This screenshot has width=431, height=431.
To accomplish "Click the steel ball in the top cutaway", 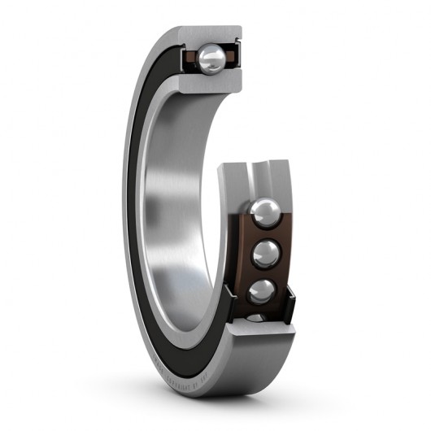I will [212, 59].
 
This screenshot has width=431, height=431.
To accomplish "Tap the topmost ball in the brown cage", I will [265, 213].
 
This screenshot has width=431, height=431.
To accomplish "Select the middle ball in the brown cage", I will [264, 255].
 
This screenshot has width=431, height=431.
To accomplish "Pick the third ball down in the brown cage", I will [262, 291].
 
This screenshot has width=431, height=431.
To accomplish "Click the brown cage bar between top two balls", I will [264, 235].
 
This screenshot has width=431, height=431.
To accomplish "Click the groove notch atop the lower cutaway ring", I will [253, 172].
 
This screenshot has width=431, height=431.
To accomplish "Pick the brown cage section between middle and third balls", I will [263, 274].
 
